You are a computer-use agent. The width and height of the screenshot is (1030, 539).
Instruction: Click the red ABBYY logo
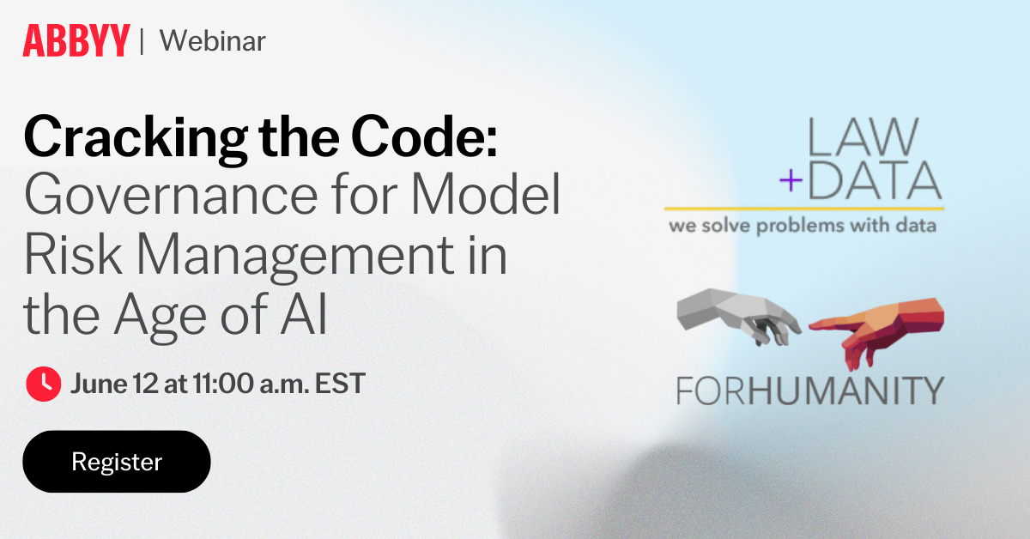(x=76, y=40)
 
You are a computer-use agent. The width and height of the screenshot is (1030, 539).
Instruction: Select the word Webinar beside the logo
(x=213, y=40)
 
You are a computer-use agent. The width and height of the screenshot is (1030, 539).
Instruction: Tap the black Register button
(x=117, y=462)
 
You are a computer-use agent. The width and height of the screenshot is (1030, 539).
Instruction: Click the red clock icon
(x=43, y=384)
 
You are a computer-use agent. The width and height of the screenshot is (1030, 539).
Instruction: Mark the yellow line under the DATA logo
(x=803, y=209)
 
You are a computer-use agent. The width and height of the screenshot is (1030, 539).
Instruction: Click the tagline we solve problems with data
(x=803, y=227)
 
